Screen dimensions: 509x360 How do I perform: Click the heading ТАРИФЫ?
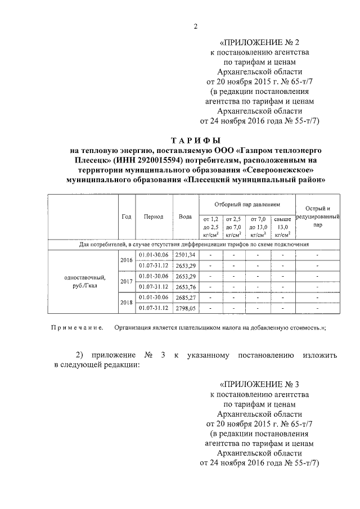[x=195, y=140]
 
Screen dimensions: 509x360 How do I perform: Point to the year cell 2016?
[x=127, y=260]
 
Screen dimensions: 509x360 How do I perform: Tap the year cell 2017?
[x=127, y=281]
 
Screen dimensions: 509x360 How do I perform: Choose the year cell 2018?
[x=127, y=303]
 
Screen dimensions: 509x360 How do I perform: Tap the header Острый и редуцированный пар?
[x=318, y=217]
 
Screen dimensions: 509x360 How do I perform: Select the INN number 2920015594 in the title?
[x=147, y=160]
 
